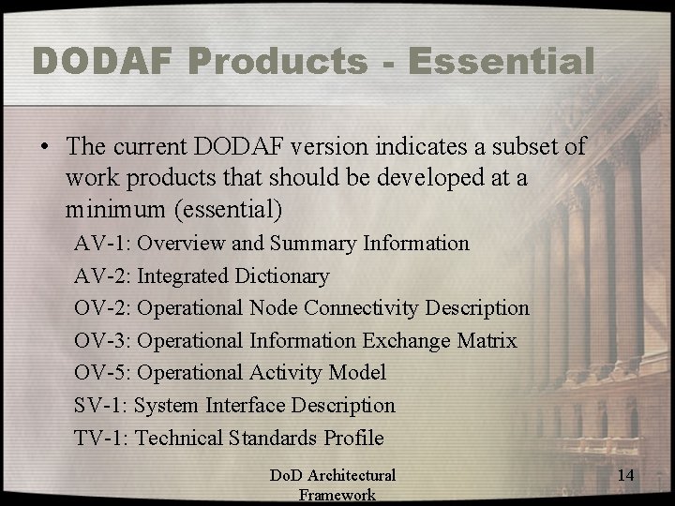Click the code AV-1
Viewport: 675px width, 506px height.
tap(102, 244)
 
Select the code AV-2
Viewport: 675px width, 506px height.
tap(102, 276)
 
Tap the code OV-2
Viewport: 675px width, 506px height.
tap(103, 308)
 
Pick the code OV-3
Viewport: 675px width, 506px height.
tap(103, 341)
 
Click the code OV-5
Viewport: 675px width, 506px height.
tap(103, 373)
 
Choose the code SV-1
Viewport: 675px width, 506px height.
tap(101, 406)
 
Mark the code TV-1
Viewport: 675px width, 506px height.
tap(102, 438)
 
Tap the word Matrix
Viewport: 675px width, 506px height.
tap(487, 341)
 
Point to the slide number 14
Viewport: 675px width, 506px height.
tap(626, 476)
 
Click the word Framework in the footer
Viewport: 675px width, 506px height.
tap(337, 496)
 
